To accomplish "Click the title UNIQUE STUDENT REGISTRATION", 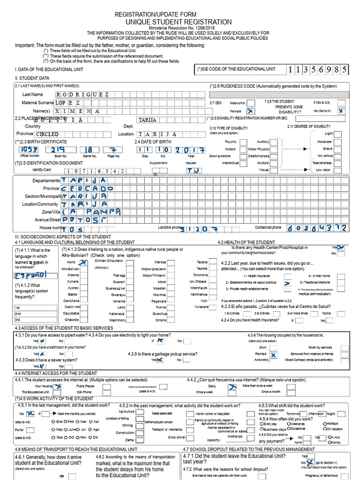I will [179, 22].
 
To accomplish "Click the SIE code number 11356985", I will [318, 70].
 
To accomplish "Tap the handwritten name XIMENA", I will [77, 111].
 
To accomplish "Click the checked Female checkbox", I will [251, 111].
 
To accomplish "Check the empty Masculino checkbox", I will [251, 103].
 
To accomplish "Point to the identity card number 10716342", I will [95, 172].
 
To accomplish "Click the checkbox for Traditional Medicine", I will [303, 283].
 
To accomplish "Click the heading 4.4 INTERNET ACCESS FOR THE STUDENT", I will [56, 373].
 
